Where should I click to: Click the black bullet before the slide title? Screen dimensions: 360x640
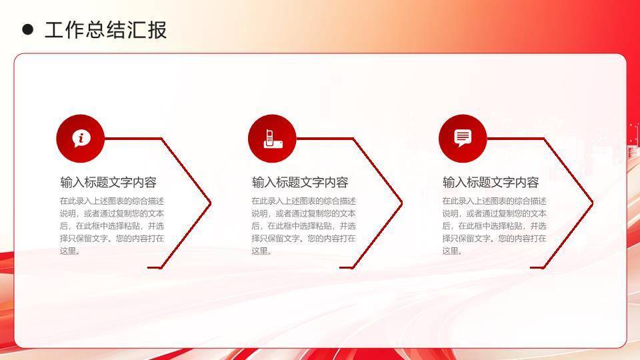click(x=27, y=29)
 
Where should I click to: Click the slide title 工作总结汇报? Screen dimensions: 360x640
click(x=105, y=30)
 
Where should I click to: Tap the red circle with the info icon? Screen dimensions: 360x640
click(x=81, y=139)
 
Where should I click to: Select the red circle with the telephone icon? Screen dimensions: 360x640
click(x=272, y=139)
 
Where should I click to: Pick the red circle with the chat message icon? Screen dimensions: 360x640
click(x=463, y=139)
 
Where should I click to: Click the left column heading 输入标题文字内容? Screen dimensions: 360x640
click(x=108, y=183)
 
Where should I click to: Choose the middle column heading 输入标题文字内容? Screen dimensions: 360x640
click(x=300, y=183)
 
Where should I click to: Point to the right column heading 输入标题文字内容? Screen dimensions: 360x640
click(x=491, y=183)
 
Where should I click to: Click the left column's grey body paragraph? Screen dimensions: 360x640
click(x=111, y=225)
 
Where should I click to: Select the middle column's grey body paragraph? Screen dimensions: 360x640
click(x=303, y=225)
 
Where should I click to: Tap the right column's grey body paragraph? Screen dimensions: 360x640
click(x=494, y=225)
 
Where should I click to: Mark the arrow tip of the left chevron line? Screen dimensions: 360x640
click(x=210, y=202)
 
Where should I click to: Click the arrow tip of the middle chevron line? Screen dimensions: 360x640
click(x=401, y=202)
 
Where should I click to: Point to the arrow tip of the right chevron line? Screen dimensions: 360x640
click(x=592, y=202)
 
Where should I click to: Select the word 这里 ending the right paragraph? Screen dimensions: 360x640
click(x=450, y=251)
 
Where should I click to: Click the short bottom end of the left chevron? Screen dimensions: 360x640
click(x=154, y=267)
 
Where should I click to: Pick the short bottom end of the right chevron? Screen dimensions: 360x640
click(x=537, y=267)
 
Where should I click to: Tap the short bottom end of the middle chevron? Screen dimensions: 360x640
click(x=345, y=267)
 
